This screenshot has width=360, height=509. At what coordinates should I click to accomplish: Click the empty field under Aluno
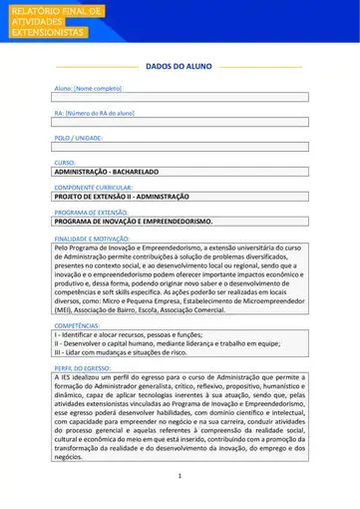coord(180,98)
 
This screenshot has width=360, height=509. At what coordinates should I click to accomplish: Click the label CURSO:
coord(65,162)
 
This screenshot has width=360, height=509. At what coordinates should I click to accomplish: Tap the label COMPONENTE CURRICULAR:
coord(96,187)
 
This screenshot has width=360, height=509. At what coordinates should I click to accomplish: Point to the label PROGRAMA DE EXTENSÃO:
coord(91,212)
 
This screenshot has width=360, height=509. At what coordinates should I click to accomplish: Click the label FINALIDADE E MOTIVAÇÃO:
coord(93,237)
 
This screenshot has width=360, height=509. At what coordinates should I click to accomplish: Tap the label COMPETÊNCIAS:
coord(76,325)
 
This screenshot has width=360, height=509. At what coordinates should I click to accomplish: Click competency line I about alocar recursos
coord(121,334)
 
